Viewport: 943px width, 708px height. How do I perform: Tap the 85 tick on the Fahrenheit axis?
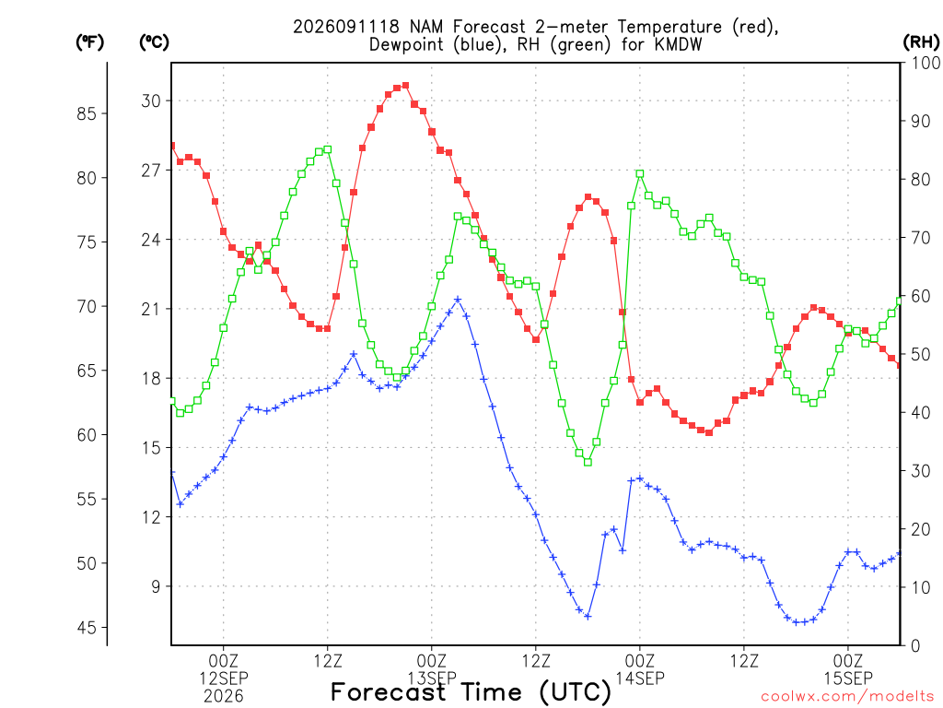(x=87, y=113)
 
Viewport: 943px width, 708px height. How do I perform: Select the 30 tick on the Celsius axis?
(x=151, y=100)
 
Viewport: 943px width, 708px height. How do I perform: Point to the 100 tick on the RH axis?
(x=926, y=63)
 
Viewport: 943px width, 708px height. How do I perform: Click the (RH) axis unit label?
(x=921, y=41)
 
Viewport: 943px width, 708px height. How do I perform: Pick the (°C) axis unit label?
(x=154, y=41)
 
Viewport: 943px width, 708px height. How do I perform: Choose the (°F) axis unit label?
(x=89, y=41)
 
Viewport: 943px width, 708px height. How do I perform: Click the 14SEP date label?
(x=640, y=678)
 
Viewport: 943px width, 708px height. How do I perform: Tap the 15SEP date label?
(x=848, y=678)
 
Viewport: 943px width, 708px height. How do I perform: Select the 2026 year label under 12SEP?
(x=224, y=697)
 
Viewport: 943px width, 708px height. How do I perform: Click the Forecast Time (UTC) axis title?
(x=471, y=692)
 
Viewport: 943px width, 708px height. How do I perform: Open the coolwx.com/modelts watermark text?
(x=850, y=697)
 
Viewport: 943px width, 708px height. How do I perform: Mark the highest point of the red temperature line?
(x=405, y=86)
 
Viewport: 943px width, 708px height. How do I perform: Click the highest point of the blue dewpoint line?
(x=458, y=300)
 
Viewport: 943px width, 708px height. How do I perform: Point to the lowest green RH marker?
(x=588, y=463)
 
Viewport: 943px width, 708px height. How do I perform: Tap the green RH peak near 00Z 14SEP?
(x=640, y=173)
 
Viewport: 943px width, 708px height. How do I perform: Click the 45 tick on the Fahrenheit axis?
(x=87, y=627)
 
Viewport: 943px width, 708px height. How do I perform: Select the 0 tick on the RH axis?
(x=915, y=645)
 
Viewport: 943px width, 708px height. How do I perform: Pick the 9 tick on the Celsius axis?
(x=156, y=586)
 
